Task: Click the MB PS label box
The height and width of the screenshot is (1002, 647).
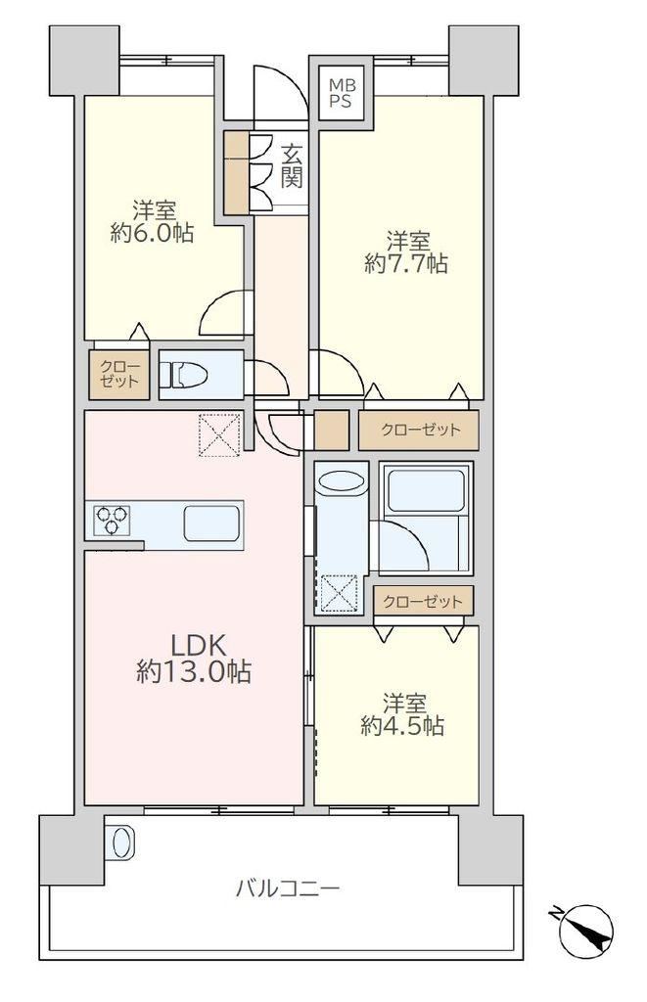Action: click(x=342, y=93)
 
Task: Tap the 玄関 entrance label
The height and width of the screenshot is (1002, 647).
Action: click(x=292, y=166)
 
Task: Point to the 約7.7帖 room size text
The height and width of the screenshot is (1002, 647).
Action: click(x=406, y=262)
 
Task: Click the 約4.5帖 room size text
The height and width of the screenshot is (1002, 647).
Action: click(x=402, y=725)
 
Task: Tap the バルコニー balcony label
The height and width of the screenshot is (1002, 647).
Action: click(x=288, y=888)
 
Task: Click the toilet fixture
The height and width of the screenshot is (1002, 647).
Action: click(x=182, y=375)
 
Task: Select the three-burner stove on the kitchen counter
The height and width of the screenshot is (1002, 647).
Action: click(x=113, y=520)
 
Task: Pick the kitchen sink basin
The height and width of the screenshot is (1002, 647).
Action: click(x=212, y=524)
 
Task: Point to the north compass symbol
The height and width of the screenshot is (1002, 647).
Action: click(x=585, y=932)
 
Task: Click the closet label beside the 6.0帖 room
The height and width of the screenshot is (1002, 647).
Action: click(x=119, y=375)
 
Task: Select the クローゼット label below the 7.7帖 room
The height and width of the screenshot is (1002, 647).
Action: click(x=420, y=430)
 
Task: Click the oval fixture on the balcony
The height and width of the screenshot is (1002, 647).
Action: click(x=120, y=843)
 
